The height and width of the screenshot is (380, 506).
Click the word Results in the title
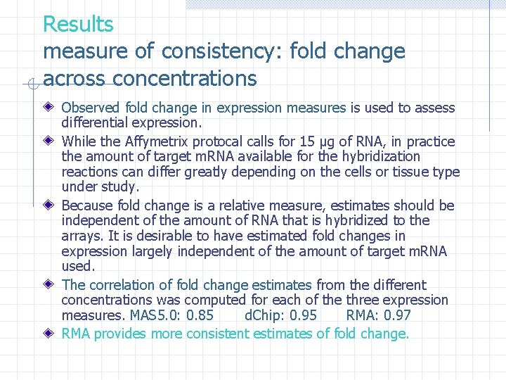pyautogui.click(x=78, y=25)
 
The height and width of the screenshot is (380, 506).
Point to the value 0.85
pyautogui.click(x=201, y=315)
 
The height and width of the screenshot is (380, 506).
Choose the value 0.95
pyautogui.click(x=303, y=315)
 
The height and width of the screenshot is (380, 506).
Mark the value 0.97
pyautogui.click(x=397, y=315)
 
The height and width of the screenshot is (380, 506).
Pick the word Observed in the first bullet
pyautogui.click(x=91, y=108)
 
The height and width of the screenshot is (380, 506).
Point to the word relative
pyautogui.click(x=247, y=206)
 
